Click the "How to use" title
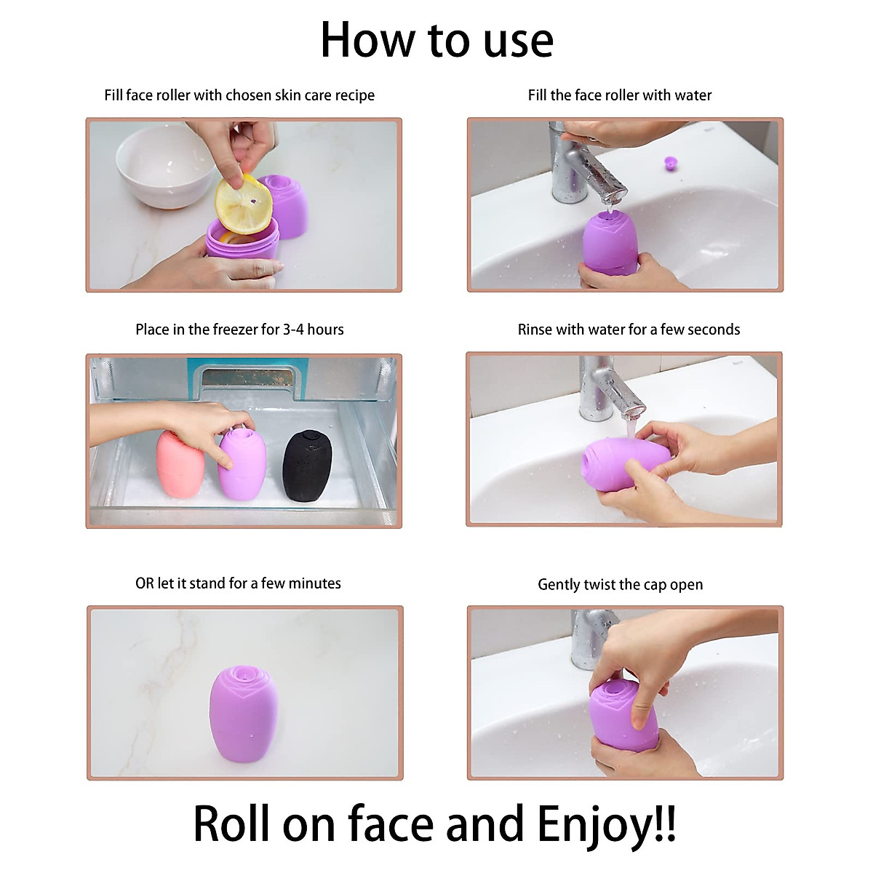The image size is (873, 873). click(x=436, y=40)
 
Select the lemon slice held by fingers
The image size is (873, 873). click(x=242, y=205)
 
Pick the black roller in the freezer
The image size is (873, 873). click(x=307, y=466)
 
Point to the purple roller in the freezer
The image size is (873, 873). click(x=242, y=466)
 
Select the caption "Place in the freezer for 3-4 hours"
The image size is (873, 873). click(x=239, y=330)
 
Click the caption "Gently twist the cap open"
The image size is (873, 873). click(x=620, y=585)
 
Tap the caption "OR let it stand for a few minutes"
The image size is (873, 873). click(x=238, y=583)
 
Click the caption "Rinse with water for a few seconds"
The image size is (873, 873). click(x=629, y=330)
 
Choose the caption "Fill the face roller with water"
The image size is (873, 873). click(x=620, y=95)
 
